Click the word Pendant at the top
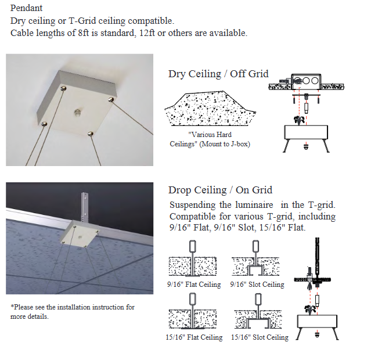click(x=26, y=8)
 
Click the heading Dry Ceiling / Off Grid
click(x=218, y=74)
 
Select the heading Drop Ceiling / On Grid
click(x=220, y=190)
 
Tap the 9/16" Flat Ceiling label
click(x=194, y=285)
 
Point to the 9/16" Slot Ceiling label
click(x=257, y=285)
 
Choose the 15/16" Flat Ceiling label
click(x=194, y=337)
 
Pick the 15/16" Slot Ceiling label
click(x=260, y=337)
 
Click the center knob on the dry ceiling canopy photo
click(x=78, y=112)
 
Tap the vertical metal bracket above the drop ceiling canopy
click(x=84, y=206)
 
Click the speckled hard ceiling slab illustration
click(x=210, y=109)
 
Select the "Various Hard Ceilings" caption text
click(x=210, y=139)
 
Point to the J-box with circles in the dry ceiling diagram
click(x=306, y=81)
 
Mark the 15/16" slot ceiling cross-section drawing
click(x=258, y=311)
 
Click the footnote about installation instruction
click(x=73, y=312)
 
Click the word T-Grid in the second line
click(x=82, y=21)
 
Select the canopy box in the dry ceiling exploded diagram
click(x=306, y=132)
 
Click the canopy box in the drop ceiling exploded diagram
click(x=317, y=321)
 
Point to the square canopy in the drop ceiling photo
click(x=80, y=233)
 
